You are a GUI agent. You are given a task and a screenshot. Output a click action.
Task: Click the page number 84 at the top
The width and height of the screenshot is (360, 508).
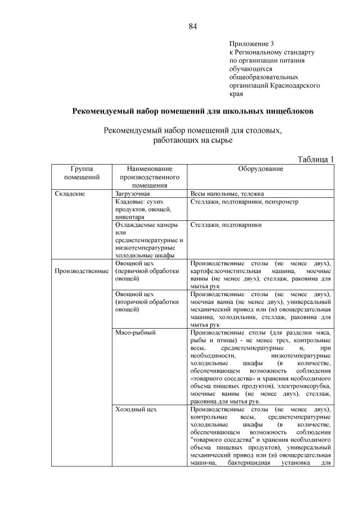tap(192, 26)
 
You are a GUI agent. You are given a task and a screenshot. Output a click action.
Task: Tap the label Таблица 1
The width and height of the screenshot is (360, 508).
tap(315, 159)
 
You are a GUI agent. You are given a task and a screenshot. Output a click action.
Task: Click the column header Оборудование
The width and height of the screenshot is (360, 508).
tap(260, 169)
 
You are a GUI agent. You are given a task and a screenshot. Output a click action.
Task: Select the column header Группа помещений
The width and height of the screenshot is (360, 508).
tap(82, 173)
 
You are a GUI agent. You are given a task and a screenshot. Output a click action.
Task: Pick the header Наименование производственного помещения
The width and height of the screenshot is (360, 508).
tap(149, 176)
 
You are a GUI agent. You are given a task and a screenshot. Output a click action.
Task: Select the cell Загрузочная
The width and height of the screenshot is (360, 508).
tap(133, 193)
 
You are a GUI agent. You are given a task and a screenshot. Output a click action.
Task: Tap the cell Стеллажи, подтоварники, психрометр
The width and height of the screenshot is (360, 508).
tap(245, 201)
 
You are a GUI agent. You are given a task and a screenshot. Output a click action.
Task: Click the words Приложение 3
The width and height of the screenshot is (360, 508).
tap(251, 44)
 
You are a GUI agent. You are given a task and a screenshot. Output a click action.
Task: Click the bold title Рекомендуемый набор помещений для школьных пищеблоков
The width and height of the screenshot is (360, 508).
tap(193, 111)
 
